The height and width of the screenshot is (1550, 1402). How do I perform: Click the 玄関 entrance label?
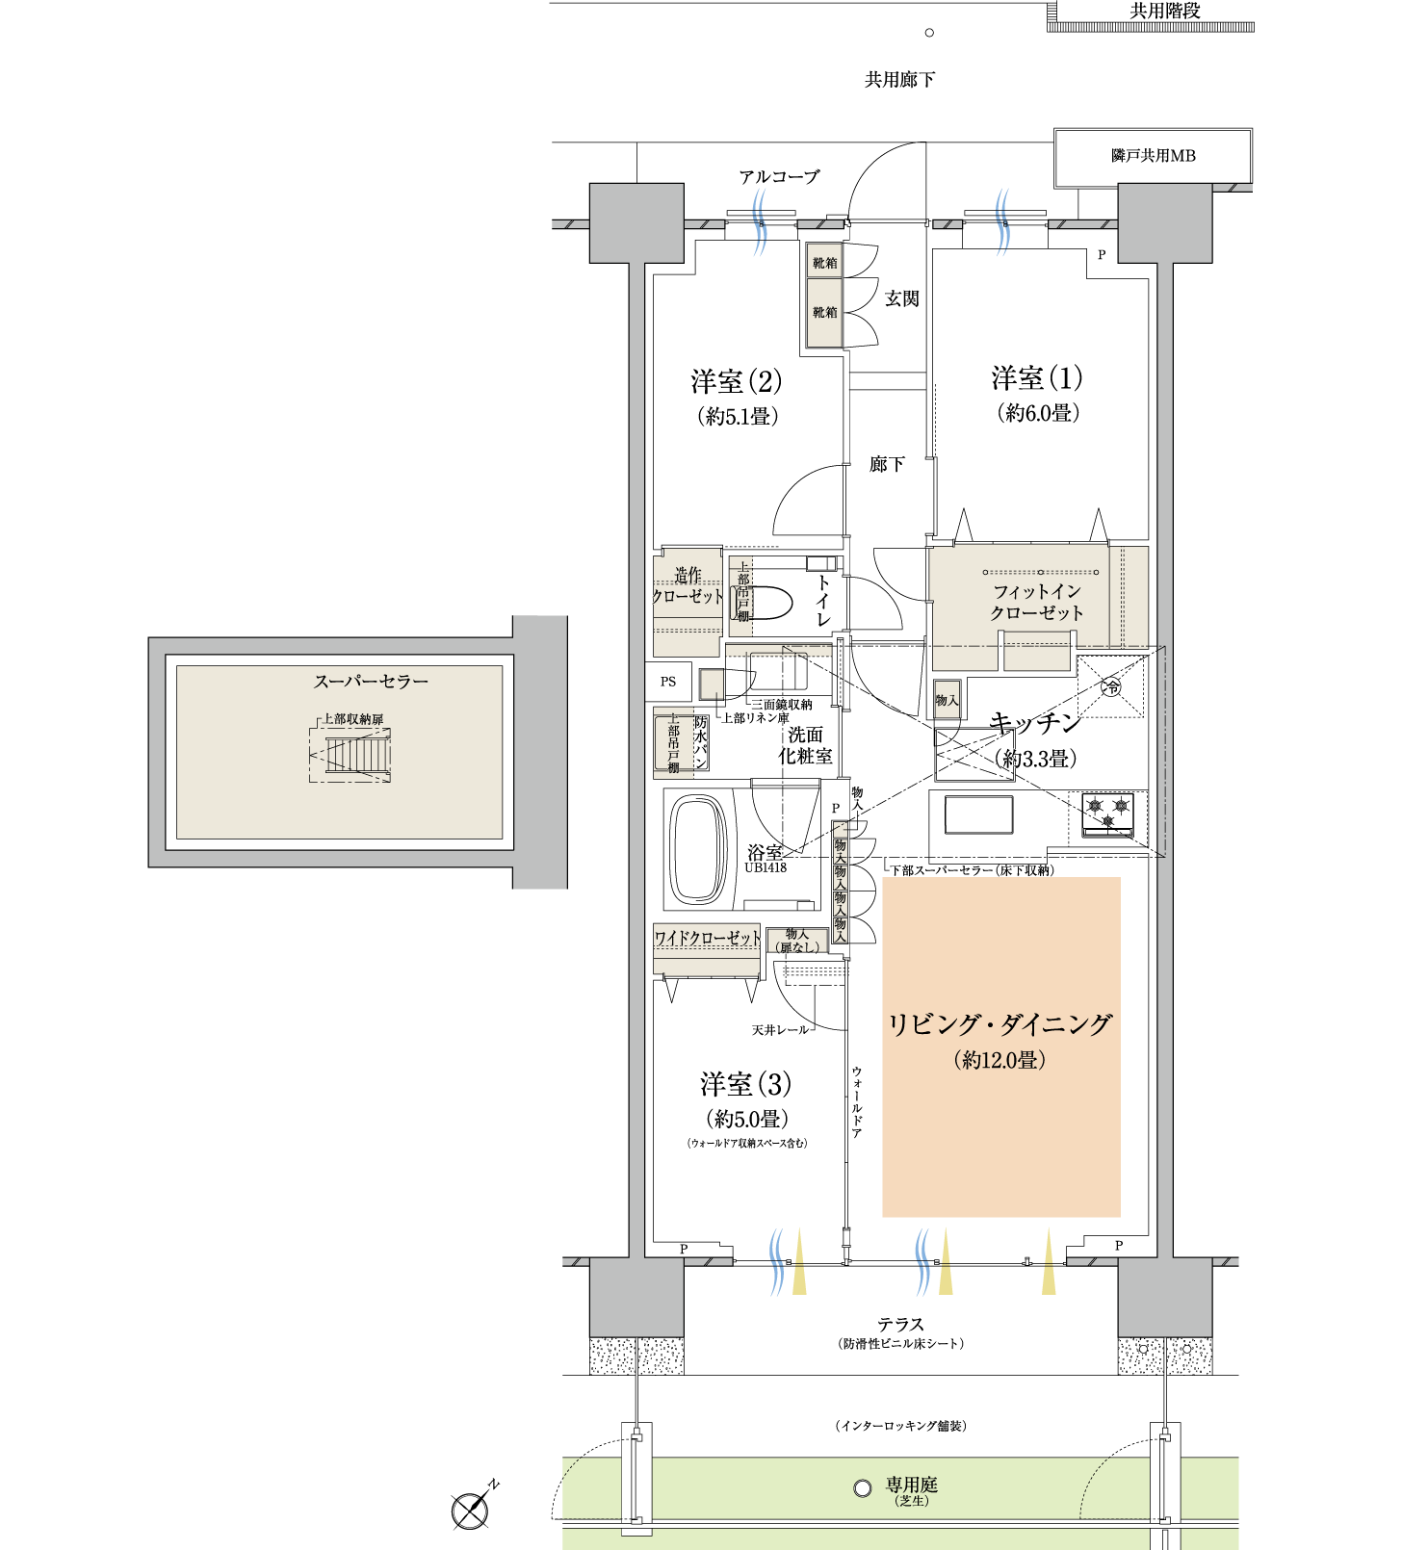902,299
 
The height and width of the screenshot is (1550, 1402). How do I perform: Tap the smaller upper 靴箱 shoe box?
824,262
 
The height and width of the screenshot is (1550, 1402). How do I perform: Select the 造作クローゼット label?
688,585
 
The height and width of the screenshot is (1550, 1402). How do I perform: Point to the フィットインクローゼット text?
1037,602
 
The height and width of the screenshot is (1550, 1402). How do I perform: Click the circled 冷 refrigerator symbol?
1111,686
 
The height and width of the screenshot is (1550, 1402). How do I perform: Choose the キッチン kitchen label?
1035,723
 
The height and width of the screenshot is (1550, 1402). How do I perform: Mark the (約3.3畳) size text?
1035,759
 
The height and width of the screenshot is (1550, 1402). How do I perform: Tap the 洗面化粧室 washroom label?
805,745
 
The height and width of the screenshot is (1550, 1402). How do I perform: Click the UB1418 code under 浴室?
766,867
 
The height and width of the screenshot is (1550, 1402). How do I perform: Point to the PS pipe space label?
668,682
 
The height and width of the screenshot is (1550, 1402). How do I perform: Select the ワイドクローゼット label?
708,938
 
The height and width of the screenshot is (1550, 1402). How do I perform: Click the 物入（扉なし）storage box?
797,941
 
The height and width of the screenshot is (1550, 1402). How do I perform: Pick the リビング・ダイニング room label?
1000,1024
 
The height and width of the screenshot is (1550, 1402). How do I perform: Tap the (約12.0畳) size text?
1000,1060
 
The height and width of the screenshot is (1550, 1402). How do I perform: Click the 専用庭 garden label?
911,1485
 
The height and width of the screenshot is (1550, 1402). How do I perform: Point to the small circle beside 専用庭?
863,1488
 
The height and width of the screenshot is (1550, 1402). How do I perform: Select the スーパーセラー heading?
371,682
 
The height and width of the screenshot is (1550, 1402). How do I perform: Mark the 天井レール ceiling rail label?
780,1030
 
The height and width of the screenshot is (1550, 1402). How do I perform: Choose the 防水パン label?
701,742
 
